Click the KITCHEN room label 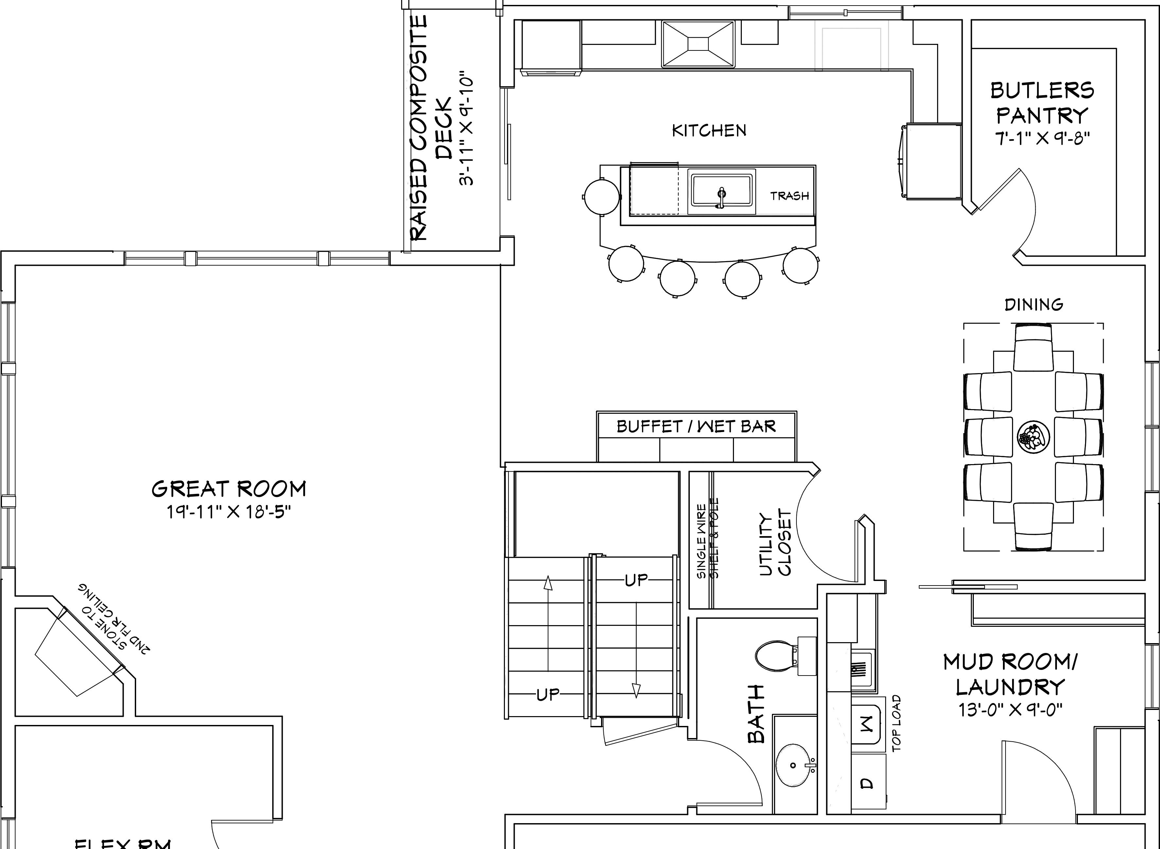709,131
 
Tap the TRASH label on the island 789,196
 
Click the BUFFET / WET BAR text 696,426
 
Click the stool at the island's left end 601,196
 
